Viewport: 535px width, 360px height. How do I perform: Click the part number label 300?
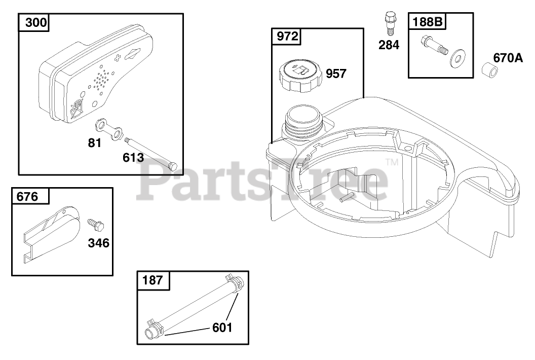pos(36,22)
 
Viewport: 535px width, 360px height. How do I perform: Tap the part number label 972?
pos(287,36)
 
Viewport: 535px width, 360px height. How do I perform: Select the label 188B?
pos(427,22)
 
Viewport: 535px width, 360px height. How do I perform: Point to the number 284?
pos(389,45)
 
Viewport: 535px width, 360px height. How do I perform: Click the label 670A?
pos(508,58)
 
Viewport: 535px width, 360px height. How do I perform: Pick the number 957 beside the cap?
pos(336,74)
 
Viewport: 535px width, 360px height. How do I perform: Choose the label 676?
pos(27,197)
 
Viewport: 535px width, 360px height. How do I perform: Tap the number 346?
pos(99,243)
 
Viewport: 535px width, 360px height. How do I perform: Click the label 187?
pos(152,280)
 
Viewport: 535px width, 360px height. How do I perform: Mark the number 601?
pos(222,328)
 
